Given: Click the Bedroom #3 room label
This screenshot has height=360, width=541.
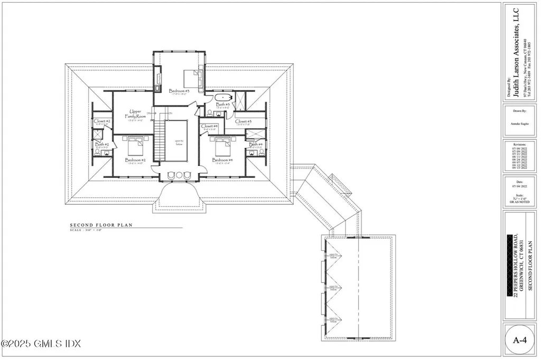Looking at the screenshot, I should [179, 91].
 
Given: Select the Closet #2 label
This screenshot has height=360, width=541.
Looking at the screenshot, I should [102, 121].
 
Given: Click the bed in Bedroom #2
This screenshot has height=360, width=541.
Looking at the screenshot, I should [134, 143].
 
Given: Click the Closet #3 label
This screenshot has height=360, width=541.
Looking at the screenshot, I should [243, 122].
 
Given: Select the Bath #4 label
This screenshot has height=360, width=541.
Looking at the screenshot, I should [256, 145].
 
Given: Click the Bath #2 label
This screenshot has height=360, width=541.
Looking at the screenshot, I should [102, 145].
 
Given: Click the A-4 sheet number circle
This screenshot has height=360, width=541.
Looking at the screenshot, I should [519, 340].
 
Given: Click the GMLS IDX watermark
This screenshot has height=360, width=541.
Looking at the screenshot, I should [41, 344].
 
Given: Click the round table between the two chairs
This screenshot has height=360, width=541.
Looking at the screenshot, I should [179, 175].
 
